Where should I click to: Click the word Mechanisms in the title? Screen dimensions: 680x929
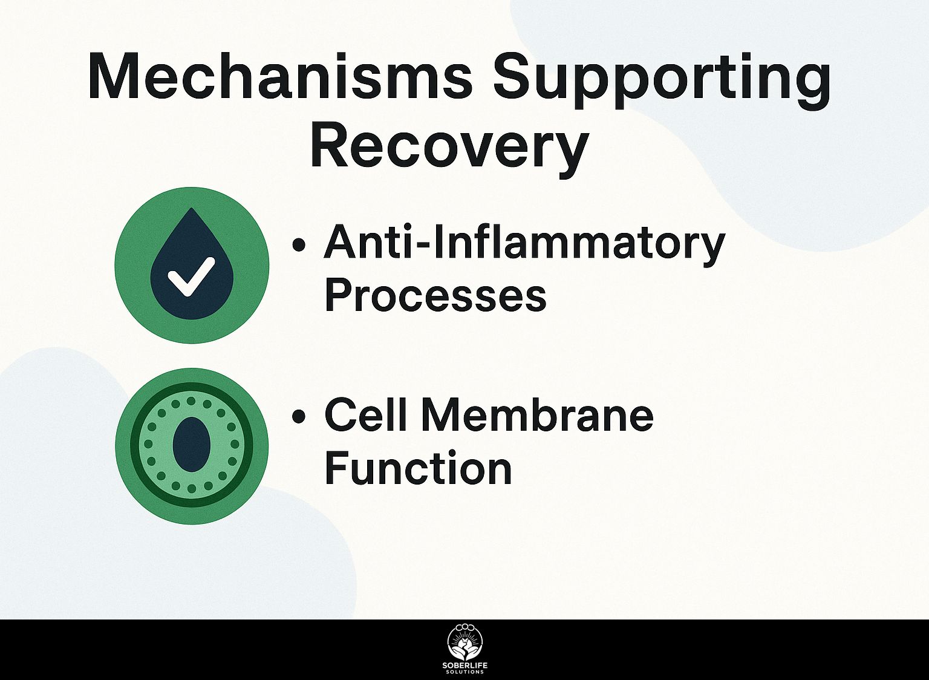click(x=279, y=77)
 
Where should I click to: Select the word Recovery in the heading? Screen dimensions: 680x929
click(x=449, y=147)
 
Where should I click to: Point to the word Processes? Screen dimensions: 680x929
click(x=435, y=295)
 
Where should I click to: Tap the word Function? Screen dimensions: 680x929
click(x=418, y=469)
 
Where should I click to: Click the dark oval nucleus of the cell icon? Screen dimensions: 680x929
click(x=191, y=444)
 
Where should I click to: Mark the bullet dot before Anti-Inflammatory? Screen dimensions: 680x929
click(x=298, y=244)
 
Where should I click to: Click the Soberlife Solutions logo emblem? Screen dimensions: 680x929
click(x=464, y=642)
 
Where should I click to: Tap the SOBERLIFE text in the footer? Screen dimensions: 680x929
click(x=464, y=666)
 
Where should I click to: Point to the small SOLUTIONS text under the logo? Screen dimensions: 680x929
click(x=464, y=672)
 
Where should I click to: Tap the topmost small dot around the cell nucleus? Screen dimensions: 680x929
click(x=191, y=401)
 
